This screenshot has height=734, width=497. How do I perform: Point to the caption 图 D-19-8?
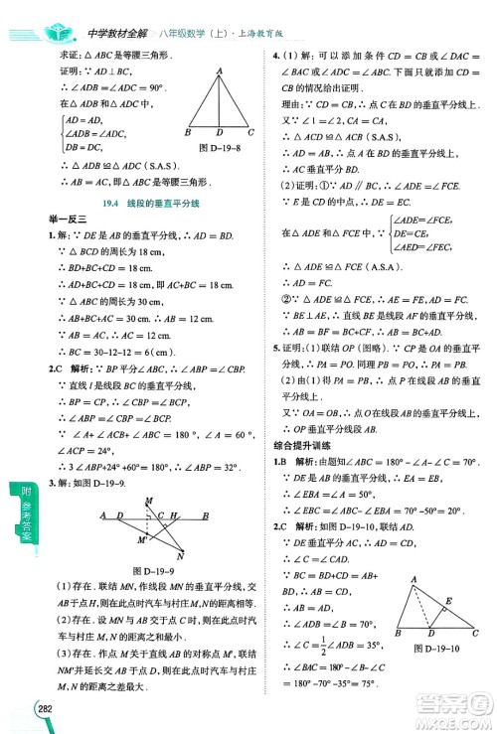pos(218,147)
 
